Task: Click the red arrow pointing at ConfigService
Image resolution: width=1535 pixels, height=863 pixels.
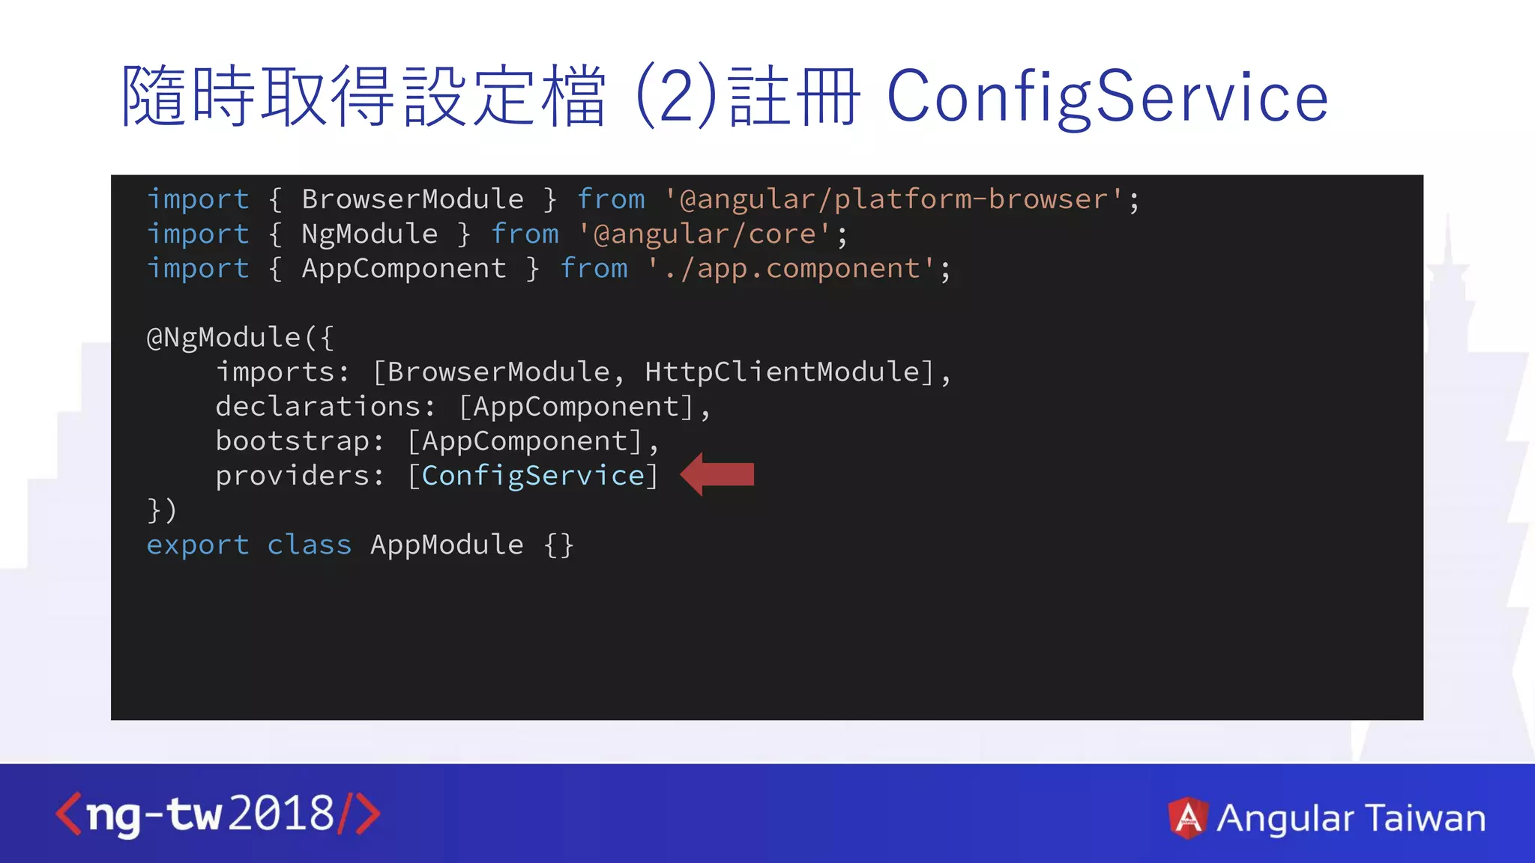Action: (717, 474)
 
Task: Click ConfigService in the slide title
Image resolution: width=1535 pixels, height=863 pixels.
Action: (1107, 97)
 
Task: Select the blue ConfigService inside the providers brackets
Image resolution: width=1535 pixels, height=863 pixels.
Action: (533, 476)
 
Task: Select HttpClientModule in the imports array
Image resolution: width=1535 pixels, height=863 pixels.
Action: (782, 372)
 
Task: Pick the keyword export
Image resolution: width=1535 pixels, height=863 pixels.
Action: (198, 545)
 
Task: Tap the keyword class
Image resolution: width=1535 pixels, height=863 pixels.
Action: (309, 545)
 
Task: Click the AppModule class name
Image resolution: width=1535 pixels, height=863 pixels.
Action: (447, 545)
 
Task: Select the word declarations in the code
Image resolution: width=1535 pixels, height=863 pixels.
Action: (318, 406)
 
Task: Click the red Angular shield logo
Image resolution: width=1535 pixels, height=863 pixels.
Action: (1188, 817)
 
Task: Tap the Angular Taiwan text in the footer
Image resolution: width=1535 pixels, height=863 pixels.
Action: (1351, 817)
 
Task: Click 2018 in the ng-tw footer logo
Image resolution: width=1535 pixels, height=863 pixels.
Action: (281, 814)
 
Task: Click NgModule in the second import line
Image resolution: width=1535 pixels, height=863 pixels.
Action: (370, 234)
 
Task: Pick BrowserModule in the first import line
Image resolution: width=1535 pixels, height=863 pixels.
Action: (412, 199)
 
